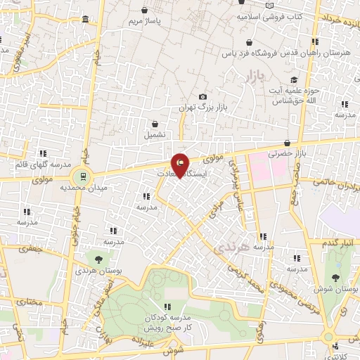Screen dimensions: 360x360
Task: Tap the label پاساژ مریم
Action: pyautogui.click(x=144, y=22)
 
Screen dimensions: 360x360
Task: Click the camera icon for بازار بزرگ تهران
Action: pyautogui.click(x=202, y=97)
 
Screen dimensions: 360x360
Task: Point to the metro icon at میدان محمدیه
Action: pyautogui.click(x=83, y=176)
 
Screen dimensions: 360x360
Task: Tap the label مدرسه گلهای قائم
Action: pyautogui.click(x=43, y=165)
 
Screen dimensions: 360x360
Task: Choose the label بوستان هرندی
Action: pyautogui.click(x=96, y=270)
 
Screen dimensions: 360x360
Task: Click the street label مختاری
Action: pyautogui.click(x=30, y=302)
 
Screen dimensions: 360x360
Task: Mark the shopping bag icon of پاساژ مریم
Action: pyautogui.click(x=144, y=11)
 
